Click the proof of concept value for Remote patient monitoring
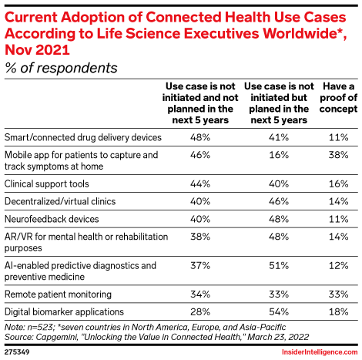[x=337, y=294]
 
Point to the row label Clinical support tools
[x=47, y=185]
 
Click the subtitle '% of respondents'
[x=62, y=68]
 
